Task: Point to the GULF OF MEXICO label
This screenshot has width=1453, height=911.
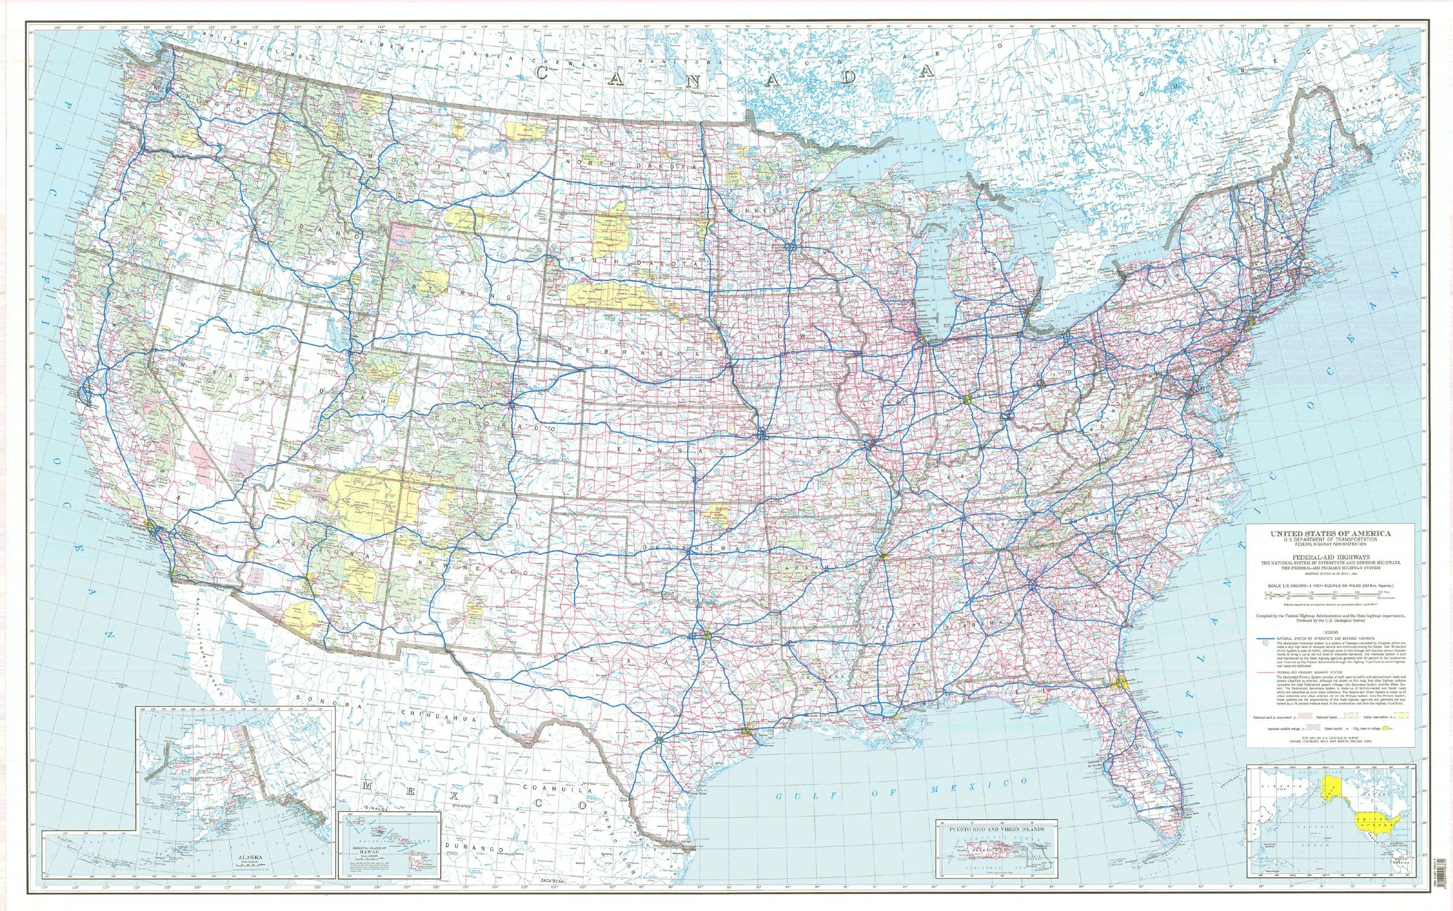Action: click(x=902, y=788)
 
